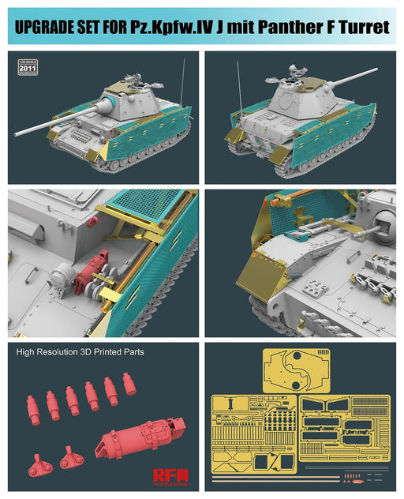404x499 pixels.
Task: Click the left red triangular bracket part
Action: (39, 465)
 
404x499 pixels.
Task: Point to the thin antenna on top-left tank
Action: (182, 84)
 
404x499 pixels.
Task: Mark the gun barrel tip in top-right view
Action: (376, 70)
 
